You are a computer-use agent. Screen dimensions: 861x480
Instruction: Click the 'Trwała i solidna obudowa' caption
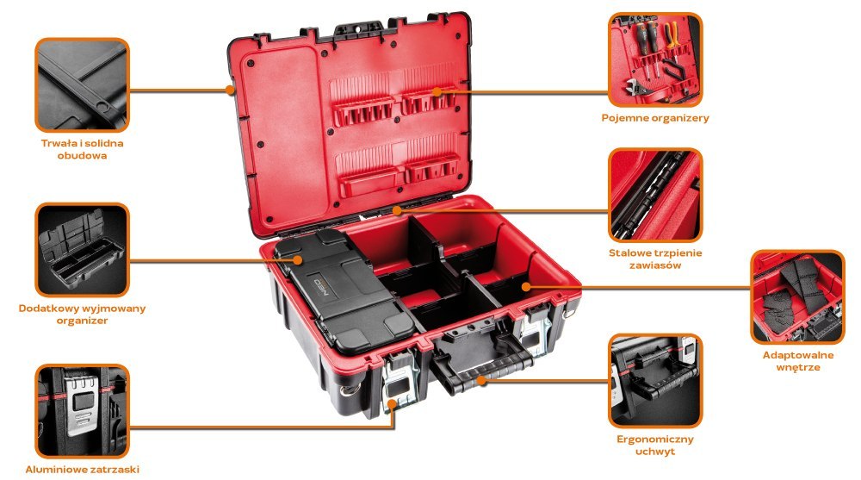coord(82,149)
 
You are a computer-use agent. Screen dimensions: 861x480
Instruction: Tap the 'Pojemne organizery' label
coord(655,118)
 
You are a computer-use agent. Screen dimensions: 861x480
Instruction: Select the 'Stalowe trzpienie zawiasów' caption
coord(655,259)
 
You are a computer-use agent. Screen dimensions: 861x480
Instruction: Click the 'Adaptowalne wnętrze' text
coord(798,361)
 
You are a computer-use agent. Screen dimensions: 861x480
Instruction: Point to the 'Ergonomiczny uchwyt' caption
coord(655,445)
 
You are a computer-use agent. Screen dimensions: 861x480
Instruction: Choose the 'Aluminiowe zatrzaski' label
coord(83,469)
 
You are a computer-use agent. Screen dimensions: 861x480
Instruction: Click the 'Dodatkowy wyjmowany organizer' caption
coord(83,314)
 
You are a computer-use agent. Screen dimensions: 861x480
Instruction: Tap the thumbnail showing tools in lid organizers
coord(655,60)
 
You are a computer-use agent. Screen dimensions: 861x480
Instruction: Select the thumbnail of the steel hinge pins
coord(655,195)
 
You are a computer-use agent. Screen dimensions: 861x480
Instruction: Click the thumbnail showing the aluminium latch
coord(83,411)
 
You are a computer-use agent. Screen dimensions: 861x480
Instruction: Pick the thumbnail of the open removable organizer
coord(83,250)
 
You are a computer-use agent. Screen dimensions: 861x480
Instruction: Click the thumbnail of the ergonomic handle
coord(655,381)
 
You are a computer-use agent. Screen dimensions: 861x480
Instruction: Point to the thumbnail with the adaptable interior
coord(798,297)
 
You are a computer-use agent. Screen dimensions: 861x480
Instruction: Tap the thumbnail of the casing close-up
coord(83,84)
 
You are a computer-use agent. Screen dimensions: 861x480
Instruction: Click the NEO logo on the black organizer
coord(320,287)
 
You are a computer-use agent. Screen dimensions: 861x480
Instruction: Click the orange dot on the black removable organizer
coord(298,259)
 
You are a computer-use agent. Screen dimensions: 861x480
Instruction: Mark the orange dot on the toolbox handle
coord(481,379)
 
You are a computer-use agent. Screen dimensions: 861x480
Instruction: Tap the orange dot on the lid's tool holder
coord(437,92)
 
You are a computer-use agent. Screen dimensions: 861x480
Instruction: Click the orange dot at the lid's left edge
coord(230,89)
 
